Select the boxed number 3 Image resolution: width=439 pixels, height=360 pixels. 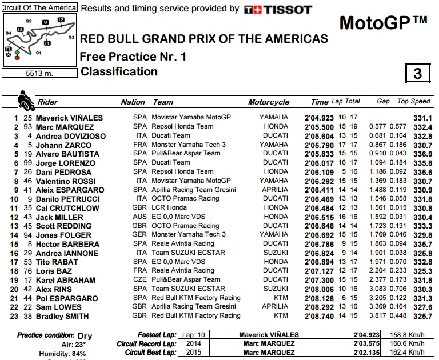pyautogui.click(x=417, y=74)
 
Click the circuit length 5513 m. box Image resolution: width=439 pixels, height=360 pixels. pyautogui.click(x=39, y=74)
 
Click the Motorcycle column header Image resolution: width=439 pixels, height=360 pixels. pyautogui.click(x=269, y=102)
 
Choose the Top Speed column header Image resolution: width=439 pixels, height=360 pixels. pyautogui.click(x=413, y=102)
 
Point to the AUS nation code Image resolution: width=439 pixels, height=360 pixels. pyautogui.click(x=139, y=217)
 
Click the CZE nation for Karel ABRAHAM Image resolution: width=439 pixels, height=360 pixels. pyautogui.click(x=139, y=279)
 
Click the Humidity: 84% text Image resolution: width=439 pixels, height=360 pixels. pyautogui.click(x=63, y=354)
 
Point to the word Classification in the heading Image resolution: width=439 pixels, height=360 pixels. pyautogui.click(x=119, y=71)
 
